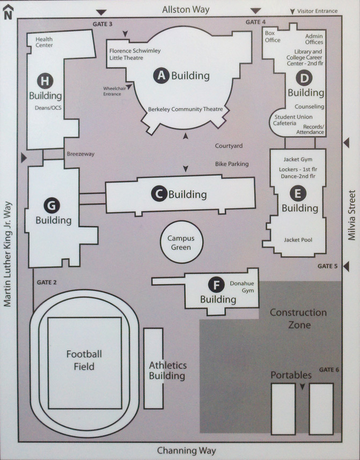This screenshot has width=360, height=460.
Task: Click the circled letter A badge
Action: coord(161,76)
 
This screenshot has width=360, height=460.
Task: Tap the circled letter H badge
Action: coord(45,80)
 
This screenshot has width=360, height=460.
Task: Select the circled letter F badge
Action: coord(216,285)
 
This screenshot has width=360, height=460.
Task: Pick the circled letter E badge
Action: coord(298,194)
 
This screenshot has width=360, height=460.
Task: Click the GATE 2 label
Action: coord(47,283)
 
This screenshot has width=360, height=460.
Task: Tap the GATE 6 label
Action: coord(329,369)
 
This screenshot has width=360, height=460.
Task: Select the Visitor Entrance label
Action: coord(317,11)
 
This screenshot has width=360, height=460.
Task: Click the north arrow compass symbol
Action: coord(8,12)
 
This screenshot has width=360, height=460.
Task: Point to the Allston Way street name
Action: coord(186,10)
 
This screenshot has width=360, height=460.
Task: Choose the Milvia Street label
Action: coord(351,215)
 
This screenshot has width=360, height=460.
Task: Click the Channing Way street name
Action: coord(187,450)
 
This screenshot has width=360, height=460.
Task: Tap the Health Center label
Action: coord(44,42)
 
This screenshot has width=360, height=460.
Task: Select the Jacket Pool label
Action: coord(298,240)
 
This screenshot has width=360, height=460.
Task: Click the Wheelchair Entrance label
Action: coord(114,91)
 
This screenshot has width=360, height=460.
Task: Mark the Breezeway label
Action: coord(80,154)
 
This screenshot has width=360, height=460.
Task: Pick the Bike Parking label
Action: coord(232,164)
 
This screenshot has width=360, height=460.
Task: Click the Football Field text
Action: coord(84,360)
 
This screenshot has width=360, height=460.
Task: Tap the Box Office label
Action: coord(273,36)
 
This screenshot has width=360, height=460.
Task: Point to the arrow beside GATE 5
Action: coord(346,266)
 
